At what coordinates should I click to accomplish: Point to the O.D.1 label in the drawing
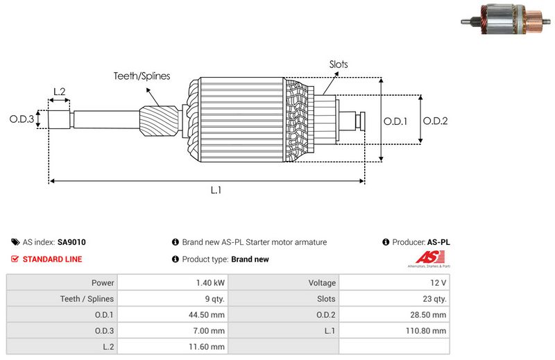(x=395, y=121)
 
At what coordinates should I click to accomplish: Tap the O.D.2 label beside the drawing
(x=435, y=121)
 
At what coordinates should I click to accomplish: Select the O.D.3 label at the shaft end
(x=22, y=119)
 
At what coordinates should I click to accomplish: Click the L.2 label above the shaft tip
(x=59, y=92)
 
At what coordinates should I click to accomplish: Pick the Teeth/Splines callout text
(x=142, y=76)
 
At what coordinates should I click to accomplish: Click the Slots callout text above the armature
(x=339, y=65)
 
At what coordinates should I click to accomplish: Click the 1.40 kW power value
(x=210, y=283)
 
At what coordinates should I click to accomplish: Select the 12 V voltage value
(x=438, y=283)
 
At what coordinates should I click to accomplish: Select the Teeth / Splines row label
(x=87, y=299)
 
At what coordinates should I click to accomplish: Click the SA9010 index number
(x=71, y=243)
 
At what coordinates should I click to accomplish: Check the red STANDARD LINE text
(x=53, y=259)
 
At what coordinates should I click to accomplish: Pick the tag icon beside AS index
(x=15, y=243)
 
